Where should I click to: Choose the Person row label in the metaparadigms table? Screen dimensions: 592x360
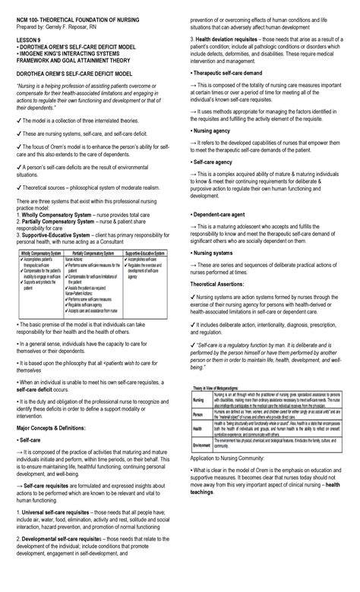pyautogui.click(x=198, y=414)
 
